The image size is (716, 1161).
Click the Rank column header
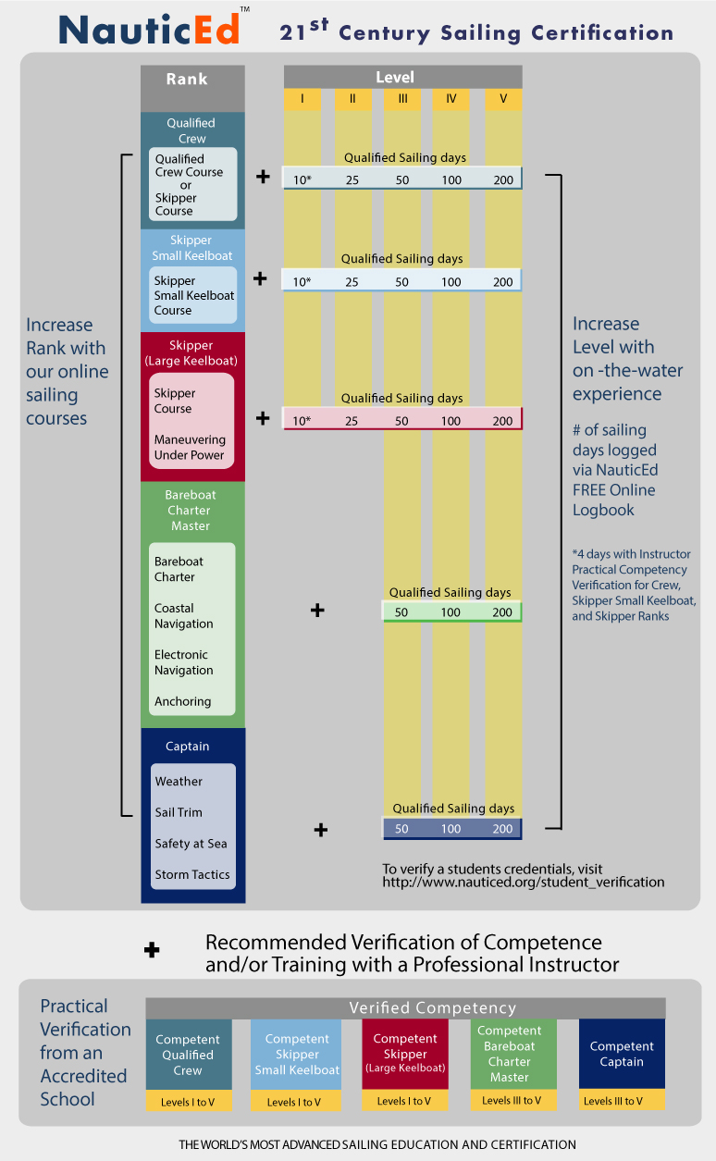coord(192,79)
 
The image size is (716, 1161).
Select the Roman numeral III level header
coord(402,99)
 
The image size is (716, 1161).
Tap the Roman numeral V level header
coord(503,99)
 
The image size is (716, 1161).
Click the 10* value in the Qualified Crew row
coord(302,179)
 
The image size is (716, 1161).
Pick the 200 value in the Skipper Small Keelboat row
coord(502,281)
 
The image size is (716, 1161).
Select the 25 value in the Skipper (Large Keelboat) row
coord(352,421)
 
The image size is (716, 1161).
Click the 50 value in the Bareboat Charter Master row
coord(401,612)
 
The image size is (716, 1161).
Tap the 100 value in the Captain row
coord(451,829)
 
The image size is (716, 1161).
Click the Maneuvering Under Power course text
coord(190,448)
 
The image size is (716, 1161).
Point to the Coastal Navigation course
coord(184,616)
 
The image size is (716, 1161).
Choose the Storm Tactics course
coord(192,874)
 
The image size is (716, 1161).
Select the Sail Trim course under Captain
coord(179,812)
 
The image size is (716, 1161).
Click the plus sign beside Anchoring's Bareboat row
coord(317,611)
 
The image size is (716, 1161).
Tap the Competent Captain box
coord(622,1054)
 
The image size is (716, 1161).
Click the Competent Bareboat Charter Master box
coord(509,1054)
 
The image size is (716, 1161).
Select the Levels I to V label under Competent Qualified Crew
coord(188,1102)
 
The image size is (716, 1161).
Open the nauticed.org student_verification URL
coord(524,882)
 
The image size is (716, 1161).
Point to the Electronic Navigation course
coord(184,662)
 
